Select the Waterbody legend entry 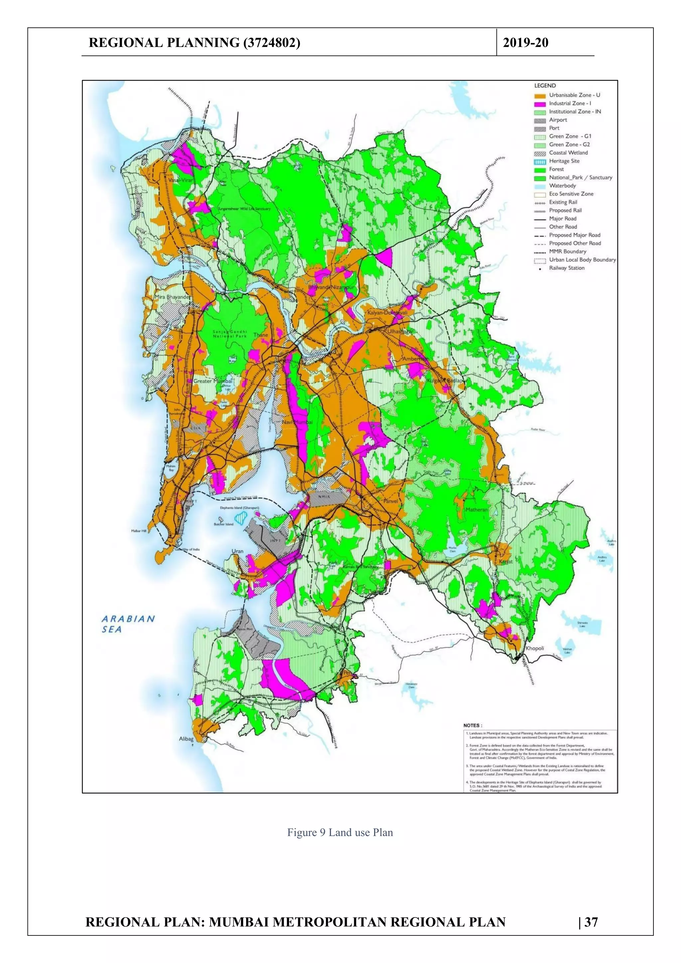pyautogui.click(x=562, y=186)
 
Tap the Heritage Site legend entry pyautogui.click(x=564, y=161)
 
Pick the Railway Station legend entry pyautogui.click(x=567, y=268)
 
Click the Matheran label pyautogui.click(x=477, y=510)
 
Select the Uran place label pyautogui.click(x=237, y=551)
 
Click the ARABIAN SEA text pyautogui.click(x=128, y=623)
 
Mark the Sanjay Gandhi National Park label pyautogui.click(x=230, y=334)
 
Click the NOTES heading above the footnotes pyautogui.click(x=473, y=725)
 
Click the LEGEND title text pyautogui.click(x=545, y=85)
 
